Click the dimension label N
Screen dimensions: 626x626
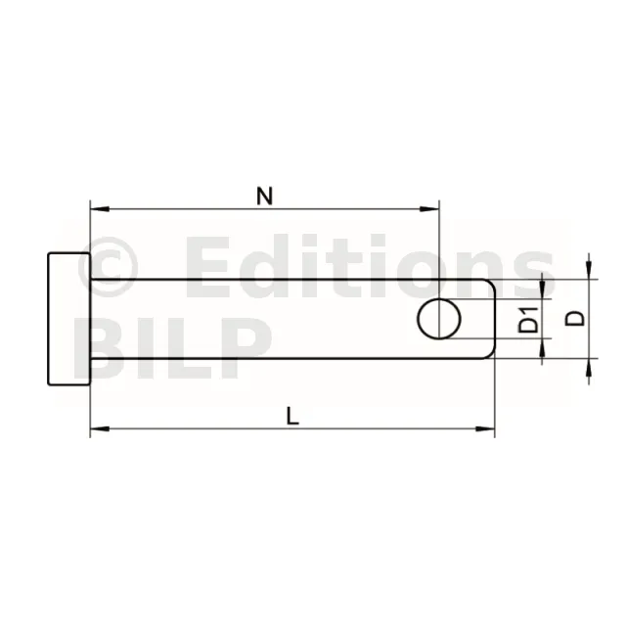click(265, 196)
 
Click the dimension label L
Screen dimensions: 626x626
click(293, 416)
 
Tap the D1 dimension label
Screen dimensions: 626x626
click(528, 320)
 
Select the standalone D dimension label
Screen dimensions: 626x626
click(575, 319)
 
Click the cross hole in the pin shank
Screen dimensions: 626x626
click(439, 319)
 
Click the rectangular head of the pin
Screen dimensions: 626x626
click(69, 319)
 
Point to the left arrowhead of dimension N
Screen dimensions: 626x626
click(100, 208)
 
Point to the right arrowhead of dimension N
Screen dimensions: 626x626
click(429, 208)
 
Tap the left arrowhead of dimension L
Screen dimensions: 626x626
click(100, 428)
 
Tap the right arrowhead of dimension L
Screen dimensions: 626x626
click(485, 428)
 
